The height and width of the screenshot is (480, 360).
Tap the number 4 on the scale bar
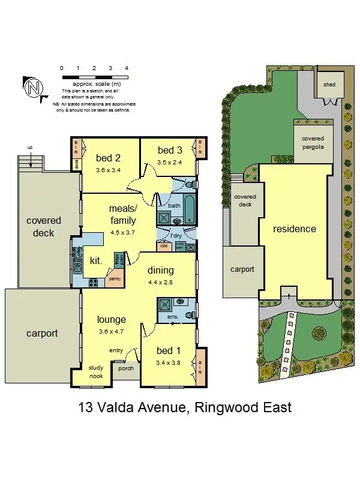click(127, 68)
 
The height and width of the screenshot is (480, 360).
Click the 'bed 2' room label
click(109, 158)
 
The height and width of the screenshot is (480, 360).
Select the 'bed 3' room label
click(170, 150)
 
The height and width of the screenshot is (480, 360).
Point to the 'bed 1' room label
click(169, 350)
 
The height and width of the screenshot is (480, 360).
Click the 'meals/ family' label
click(123, 214)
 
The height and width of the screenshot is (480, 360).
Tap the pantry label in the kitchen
click(114, 278)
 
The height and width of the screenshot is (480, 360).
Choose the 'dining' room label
click(161, 270)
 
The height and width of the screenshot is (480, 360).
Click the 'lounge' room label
click(111, 319)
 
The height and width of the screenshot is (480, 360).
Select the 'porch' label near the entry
click(126, 368)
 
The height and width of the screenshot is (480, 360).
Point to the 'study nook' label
click(96, 371)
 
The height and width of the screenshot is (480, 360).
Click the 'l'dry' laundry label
click(176, 236)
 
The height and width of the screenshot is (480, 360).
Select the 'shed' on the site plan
click(329, 85)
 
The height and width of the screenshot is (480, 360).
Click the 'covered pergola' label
click(312, 142)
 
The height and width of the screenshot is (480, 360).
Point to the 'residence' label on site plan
click(295, 229)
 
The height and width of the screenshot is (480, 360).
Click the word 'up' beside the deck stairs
click(29, 147)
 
